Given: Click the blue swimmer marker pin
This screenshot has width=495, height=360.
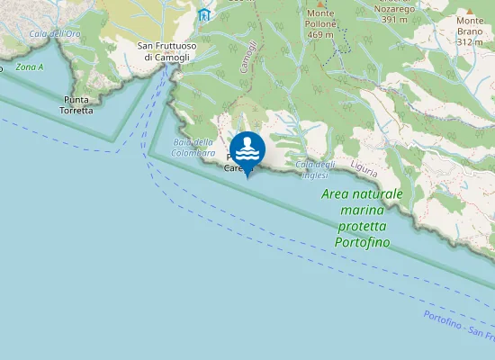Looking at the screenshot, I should click(x=247, y=149).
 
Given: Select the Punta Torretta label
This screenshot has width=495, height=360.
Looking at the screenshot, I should click(x=78, y=104).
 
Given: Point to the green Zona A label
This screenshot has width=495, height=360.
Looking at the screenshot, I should click(x=29, y=67).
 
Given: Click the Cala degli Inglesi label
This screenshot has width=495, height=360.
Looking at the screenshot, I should click(x=315, y=168).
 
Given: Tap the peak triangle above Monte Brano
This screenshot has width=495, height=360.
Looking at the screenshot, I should click(x=469, y=8).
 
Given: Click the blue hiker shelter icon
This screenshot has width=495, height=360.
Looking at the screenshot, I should click(x=204, y=15).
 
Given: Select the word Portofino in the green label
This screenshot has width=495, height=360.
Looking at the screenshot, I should click(x=362, y=242).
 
